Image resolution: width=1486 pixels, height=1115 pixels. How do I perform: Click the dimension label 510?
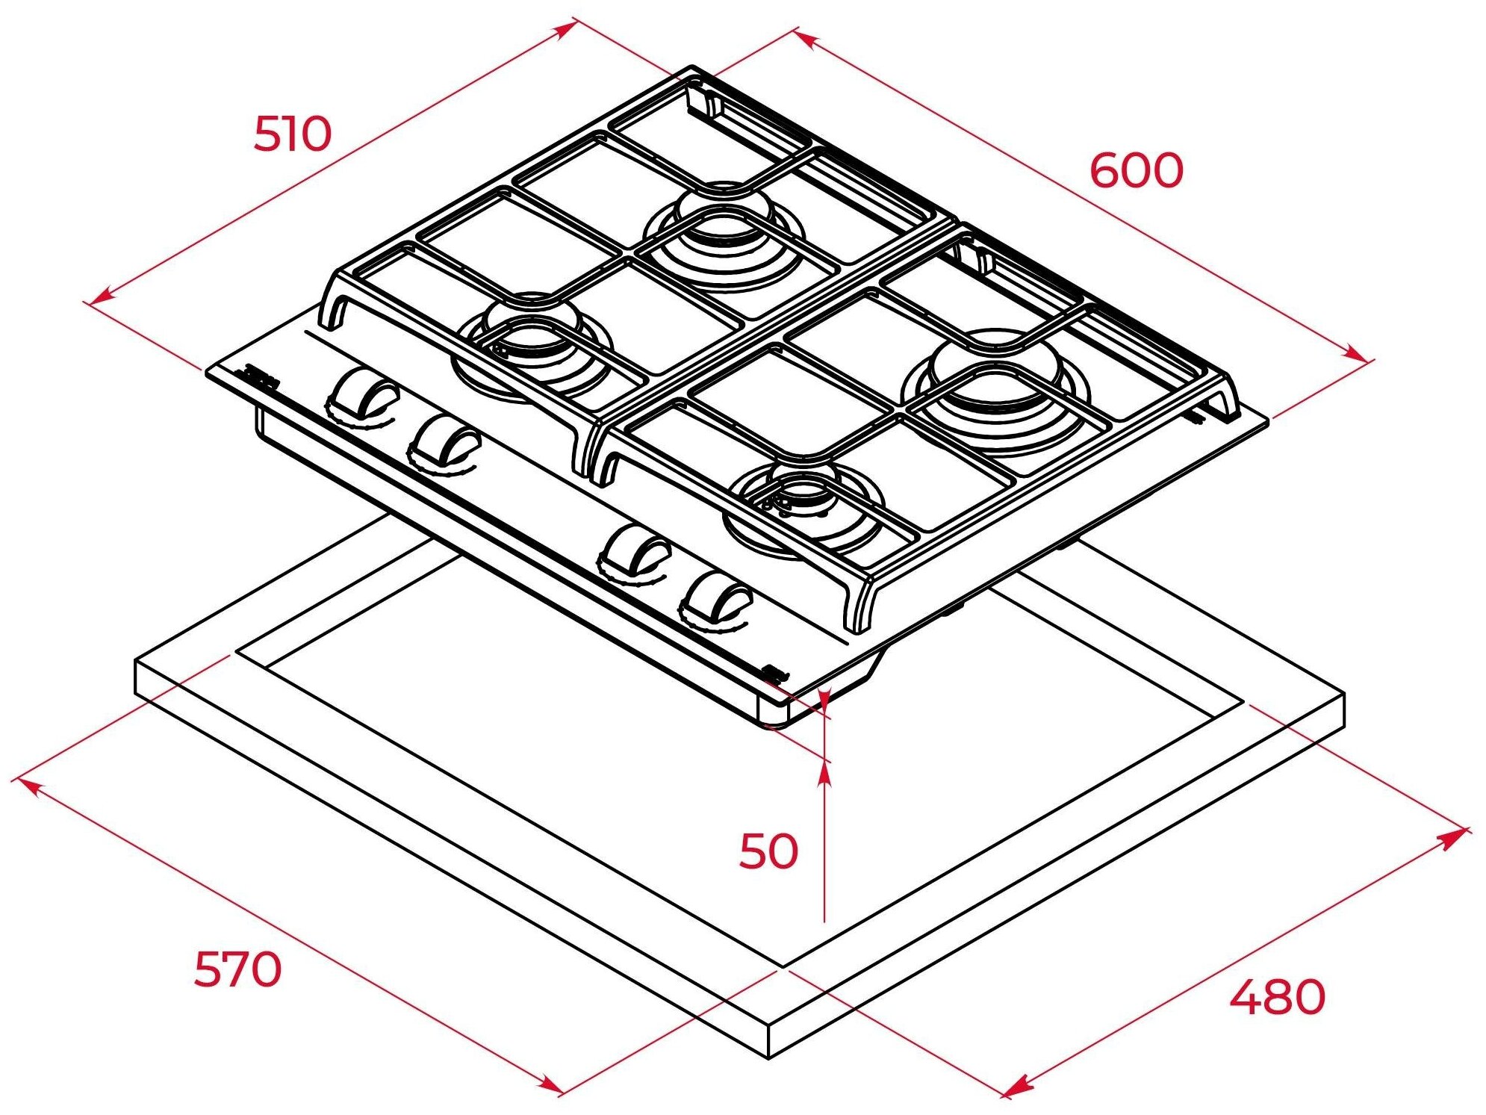click(292, 134)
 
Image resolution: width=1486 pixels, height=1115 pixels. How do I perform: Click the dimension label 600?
click(1136, 170)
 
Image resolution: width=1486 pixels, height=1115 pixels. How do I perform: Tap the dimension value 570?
click(237, 969)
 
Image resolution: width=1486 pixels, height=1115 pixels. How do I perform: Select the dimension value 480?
click(1277, 997)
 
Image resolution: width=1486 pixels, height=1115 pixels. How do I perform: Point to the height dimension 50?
click(768, 851)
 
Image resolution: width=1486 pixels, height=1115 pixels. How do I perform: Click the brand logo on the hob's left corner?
click(261, 377)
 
